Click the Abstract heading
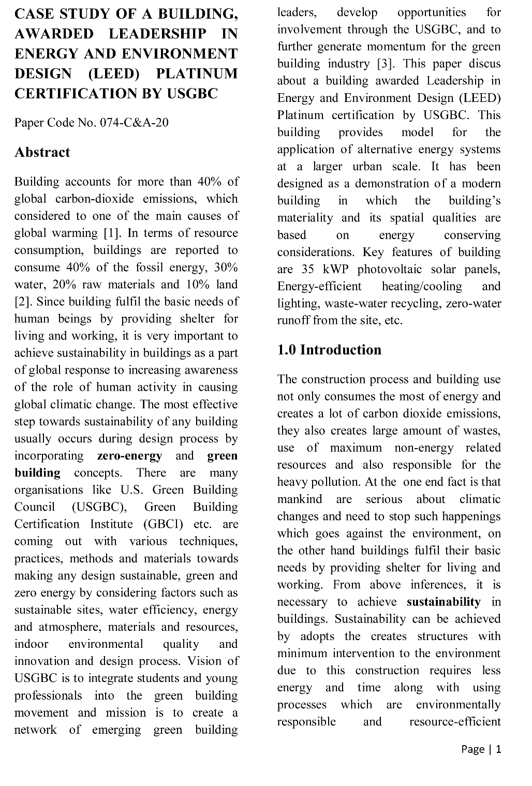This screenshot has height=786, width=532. [42, 152]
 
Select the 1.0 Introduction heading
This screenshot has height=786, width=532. [329, 350]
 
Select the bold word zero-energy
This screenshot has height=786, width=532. [129, 456]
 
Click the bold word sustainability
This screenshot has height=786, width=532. [444, 602]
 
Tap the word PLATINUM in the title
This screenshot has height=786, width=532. [197, 73]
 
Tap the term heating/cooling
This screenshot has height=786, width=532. [422, 286]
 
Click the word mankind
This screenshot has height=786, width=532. [299, 499]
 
